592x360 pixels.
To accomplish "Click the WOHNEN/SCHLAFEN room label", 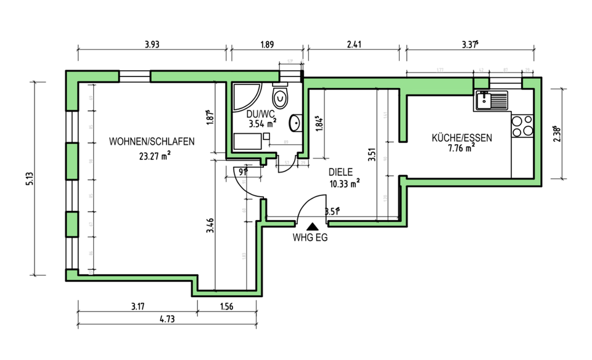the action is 152,141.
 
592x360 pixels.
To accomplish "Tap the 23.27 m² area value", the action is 155,156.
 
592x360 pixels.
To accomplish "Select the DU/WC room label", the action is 260,114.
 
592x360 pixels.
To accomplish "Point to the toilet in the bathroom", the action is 281,98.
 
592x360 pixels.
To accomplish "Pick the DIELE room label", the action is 338,173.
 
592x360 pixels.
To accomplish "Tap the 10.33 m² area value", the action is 344,183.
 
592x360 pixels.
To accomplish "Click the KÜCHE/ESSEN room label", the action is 462,138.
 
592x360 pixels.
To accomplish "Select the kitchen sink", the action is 491,100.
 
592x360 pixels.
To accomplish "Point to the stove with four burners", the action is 522,126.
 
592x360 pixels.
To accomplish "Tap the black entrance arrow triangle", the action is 312,226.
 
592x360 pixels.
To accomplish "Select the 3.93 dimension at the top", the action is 151,44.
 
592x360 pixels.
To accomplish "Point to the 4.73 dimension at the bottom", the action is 167,319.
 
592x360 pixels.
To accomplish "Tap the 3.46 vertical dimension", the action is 210,225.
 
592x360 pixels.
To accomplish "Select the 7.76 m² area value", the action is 461,148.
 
